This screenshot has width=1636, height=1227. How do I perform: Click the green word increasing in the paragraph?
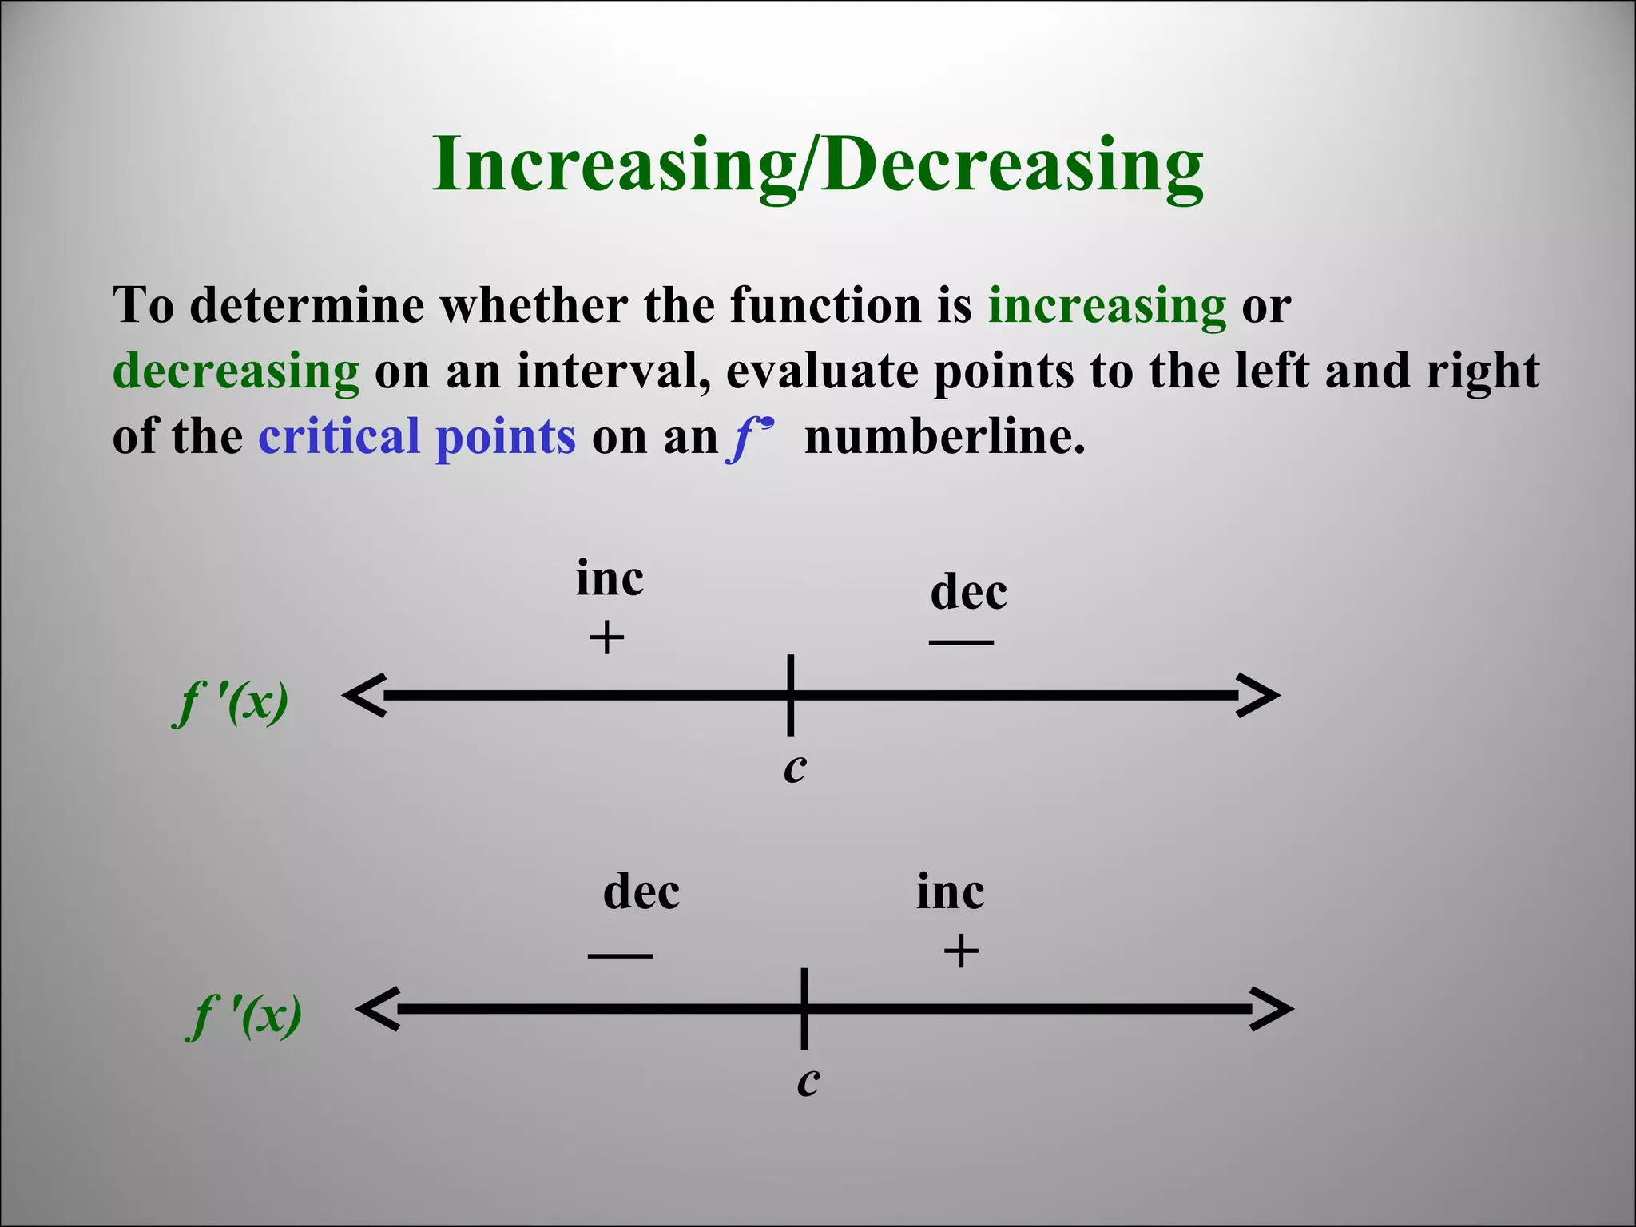1106,305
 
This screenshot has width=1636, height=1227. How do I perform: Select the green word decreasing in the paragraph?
236,371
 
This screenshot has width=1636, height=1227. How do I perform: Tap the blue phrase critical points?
416,437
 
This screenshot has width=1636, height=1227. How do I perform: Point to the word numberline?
944,437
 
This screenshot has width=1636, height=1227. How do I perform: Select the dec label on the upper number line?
968,592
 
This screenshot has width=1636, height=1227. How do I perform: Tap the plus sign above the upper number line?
606,638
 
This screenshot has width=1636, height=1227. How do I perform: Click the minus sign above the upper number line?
961,641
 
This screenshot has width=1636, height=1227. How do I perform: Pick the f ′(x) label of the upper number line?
231,703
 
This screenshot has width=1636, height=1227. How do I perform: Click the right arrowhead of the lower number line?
1271,1009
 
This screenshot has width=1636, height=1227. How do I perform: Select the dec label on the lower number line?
641,891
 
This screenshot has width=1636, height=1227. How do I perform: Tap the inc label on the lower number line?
950,891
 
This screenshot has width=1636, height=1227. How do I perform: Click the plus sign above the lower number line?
961,952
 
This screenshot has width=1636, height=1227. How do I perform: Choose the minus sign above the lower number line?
620,955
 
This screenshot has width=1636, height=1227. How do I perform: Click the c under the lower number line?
808,1082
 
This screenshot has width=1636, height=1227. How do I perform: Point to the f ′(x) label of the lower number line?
244,1016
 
